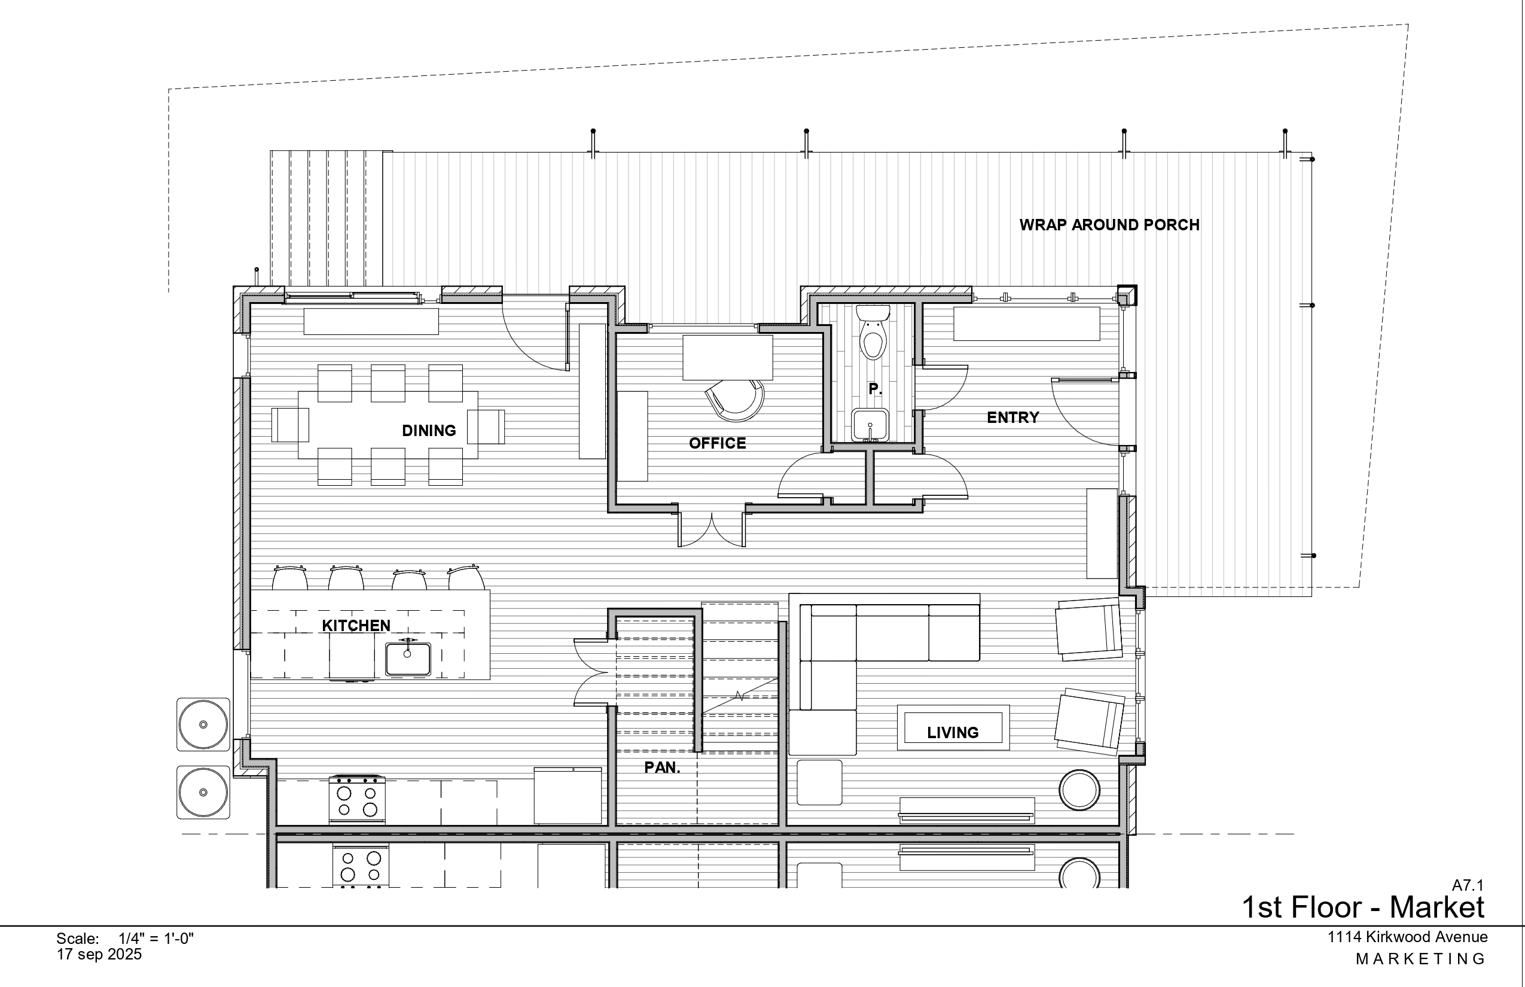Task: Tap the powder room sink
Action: coord(870,425)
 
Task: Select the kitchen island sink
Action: coord(407,659)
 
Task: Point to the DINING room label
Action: coord(429,431)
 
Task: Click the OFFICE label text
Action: coord(717,443)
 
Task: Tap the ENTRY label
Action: coord(1012,418)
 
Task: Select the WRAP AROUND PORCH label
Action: coord(1109,225)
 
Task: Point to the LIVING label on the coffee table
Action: coord(953,733)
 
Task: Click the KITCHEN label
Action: coord(356,626)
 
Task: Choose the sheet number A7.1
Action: coord(1468,885)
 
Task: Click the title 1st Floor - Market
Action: coord(1363,907)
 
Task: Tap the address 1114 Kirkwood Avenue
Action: coord(1407,937)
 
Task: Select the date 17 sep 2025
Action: coord(99,954)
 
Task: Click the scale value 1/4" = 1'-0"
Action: coord(156,939)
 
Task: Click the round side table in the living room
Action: coord(1079,790)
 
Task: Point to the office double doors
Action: coord(711,529)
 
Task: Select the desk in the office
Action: coord(727,358)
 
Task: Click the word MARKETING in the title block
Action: coord(1420,959)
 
